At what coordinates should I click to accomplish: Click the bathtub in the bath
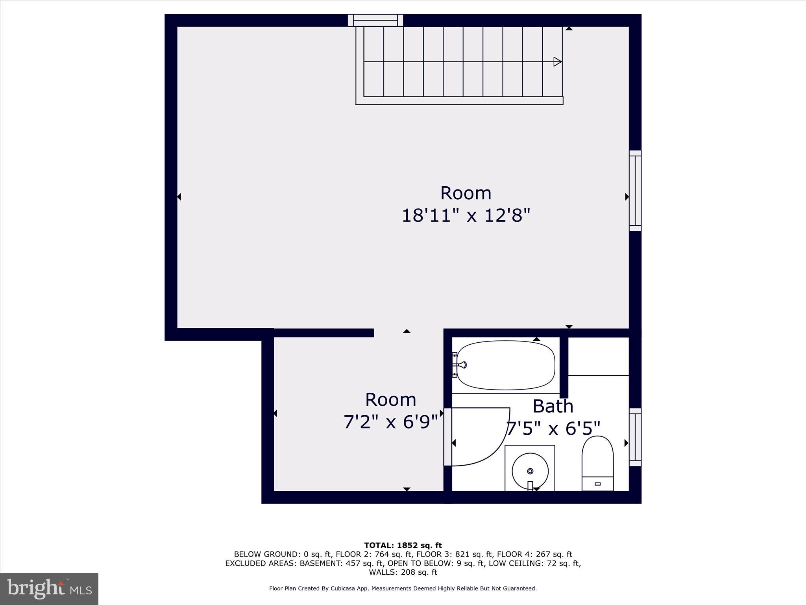coord(506,365)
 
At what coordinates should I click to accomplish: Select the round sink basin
coord(530,471)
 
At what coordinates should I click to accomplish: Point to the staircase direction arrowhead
coord(557,62)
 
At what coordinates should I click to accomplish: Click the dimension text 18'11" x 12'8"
coord(466,216)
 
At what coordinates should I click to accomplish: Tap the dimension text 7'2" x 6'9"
coord(390,422)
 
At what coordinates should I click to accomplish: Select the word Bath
coord(553,406)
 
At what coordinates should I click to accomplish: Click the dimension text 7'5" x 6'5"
coord(553,429)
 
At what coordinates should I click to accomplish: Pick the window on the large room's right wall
coord(635,191)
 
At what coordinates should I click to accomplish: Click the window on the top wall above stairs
coord(375,20)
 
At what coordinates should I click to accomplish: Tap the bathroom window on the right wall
coord(635,437)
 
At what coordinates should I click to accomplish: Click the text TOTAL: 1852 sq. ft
coord(403,546)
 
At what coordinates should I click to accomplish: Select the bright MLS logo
coord(49,588)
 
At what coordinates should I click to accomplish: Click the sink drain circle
coord(530,471)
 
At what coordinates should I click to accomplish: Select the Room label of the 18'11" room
coord(466,193)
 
